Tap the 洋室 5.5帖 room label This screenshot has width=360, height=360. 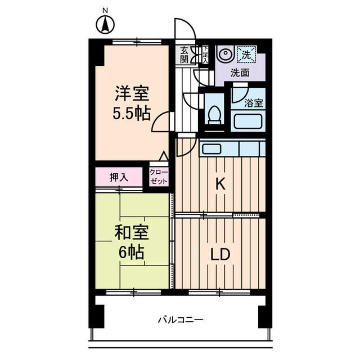(133, 103)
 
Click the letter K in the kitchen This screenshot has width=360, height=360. (221, 183)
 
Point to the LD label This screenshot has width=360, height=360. (220, 254)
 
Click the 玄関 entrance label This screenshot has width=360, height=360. (185, 55)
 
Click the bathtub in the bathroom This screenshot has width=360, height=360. (248, 121)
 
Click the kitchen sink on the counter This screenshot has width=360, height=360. (211, 148)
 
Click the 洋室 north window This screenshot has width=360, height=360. (136, 42)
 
